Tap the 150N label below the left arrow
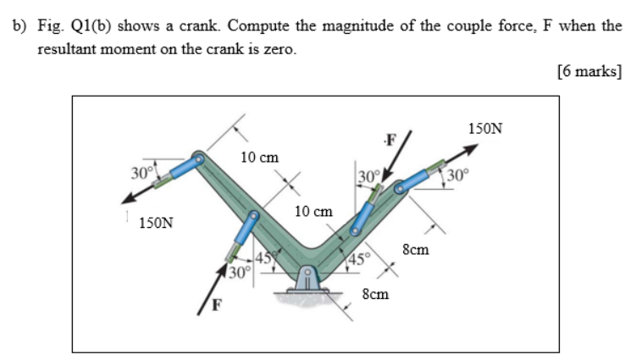pos(157,224)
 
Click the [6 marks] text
pos(590,72)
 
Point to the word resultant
pos(70,49)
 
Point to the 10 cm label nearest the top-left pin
pos(259,158)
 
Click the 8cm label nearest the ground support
pos(375,294)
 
